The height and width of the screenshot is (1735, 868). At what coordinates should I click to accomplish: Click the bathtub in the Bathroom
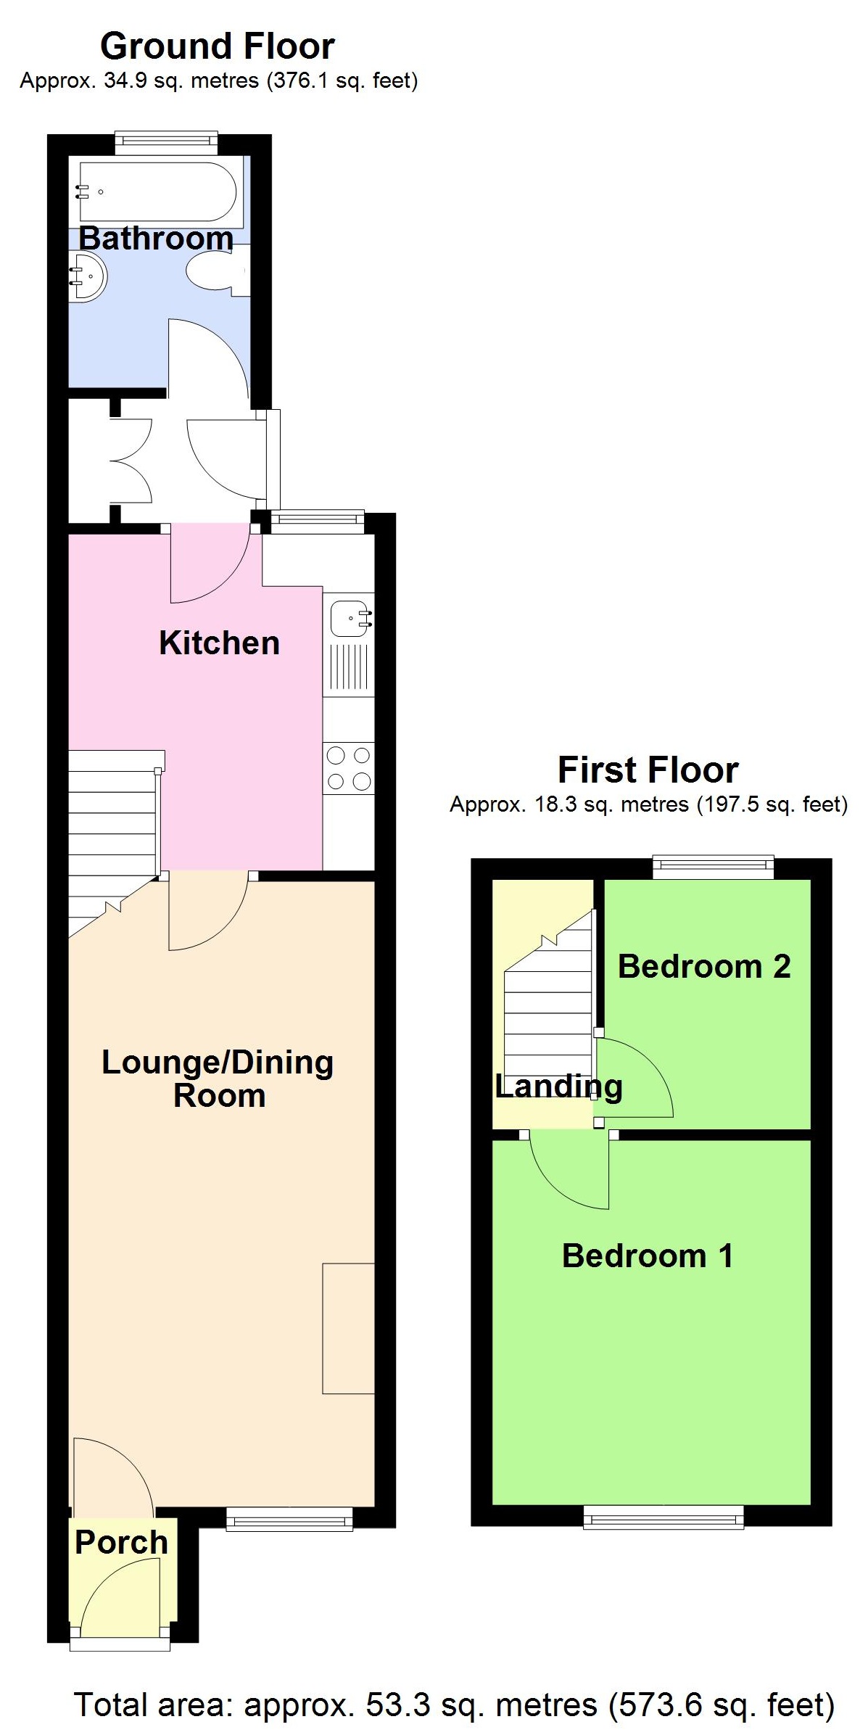point(157,191)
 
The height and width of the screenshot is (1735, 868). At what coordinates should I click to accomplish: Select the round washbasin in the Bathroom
point(88,276)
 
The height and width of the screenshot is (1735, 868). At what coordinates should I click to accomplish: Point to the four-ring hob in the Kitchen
point(349,769)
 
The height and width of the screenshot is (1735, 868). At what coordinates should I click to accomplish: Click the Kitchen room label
point(219,643)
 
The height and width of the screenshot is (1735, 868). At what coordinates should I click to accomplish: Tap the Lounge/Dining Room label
point(218,1079)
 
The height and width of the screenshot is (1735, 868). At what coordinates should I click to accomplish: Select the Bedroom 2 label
point(703,966)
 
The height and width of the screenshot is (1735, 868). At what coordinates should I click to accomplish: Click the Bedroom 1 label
point(648,1256)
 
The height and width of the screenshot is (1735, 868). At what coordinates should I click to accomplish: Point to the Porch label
point(121,1542)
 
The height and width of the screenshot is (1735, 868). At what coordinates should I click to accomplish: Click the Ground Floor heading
point(217,46)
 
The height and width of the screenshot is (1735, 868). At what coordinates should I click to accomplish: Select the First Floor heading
point(648,770)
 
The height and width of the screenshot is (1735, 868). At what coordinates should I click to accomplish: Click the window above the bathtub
point(166,142)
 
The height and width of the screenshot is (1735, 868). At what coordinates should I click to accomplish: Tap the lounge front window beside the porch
point(289,1517)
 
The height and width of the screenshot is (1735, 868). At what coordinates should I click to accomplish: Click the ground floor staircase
point(112,834)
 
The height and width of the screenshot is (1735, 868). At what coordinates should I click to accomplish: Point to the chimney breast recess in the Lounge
point(349,1328)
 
